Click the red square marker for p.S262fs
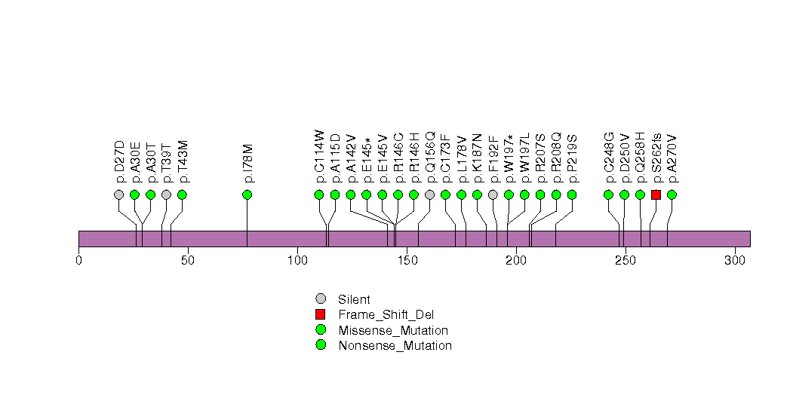tap(656, 194)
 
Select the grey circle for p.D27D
tap(118, 194)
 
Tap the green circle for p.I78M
tap(247, 194)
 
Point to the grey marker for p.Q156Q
tap(429, 194)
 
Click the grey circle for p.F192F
tap(493, 194)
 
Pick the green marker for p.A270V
tap(672, 194)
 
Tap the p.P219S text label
tap(572, 159)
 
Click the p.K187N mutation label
tap(477, 158)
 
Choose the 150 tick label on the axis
tap(407, 260)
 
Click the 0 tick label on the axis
tap(78, 260)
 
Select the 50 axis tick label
tap(188, 260)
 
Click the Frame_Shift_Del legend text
tap(386, 314)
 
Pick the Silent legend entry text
tap(354, 299)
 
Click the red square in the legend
tap(321, 314)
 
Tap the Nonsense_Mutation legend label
tap(395, 345)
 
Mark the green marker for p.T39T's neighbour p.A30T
tap(150, 194)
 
